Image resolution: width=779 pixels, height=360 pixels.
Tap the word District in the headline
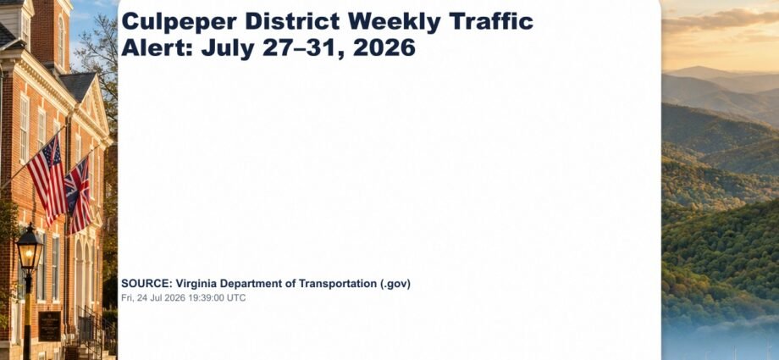[x=292, y=21]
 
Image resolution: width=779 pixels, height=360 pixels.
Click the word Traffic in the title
[x=490, y=21]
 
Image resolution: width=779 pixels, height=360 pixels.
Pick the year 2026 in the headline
[x=384, y=47]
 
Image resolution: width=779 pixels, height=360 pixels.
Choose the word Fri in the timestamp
[x=127, y=298]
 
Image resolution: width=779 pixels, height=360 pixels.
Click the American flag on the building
[x=47, y=179]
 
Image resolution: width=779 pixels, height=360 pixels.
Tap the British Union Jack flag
[x=78, y=196]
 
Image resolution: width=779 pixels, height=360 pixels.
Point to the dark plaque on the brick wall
[x=50, y=325]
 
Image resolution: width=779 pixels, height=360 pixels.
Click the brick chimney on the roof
[x=51, y=32]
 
